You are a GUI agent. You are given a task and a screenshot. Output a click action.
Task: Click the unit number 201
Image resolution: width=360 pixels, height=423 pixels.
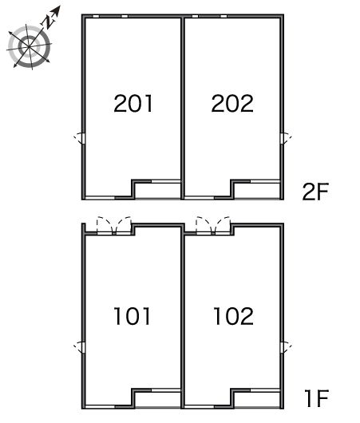(x=133, y=103)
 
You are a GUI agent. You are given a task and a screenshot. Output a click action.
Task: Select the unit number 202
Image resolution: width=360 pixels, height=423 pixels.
(x=232, y=103)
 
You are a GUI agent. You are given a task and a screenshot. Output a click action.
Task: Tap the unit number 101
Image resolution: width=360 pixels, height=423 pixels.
(x=132, y=316)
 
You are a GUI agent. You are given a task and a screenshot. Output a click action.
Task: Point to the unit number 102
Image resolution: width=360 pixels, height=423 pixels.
(x=233, y=316)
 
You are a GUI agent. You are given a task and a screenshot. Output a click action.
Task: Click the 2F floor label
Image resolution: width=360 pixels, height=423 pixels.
(x=315, y=192)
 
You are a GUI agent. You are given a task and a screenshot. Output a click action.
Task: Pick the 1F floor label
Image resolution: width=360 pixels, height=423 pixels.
(x=316, y=398)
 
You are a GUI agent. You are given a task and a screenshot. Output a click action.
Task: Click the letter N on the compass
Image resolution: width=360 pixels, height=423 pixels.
(x=49, y=21)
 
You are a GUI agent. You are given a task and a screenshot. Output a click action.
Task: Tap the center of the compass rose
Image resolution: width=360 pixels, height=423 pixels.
(x=29, y=46)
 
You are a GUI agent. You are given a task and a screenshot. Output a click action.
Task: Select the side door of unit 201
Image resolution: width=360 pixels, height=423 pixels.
(x=80, y=139)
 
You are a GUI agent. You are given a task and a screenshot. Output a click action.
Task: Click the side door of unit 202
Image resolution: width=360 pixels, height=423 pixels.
(x=286, y=139)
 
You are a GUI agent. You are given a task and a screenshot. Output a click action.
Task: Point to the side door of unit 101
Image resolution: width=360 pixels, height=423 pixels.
(x=80, y=347)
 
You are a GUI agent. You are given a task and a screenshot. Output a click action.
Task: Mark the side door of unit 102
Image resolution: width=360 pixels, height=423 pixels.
(x=286, y=347)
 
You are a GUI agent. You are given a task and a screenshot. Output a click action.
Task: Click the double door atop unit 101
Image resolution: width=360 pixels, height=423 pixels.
(x=114, y=226)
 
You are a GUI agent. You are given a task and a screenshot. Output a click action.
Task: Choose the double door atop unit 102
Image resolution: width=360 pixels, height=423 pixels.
(x=213, y=226)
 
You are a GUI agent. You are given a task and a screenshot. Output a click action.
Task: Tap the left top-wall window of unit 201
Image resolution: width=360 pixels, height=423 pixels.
(x=96, y=17)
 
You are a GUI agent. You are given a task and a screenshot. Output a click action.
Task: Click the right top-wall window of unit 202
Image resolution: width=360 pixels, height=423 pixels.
(x=224, y=17)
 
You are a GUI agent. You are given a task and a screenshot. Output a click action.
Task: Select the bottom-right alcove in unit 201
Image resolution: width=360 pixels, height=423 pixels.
(x=157, y=191)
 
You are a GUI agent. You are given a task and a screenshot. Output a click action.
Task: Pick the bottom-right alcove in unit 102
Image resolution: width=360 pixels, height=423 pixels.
(x=257, y=399)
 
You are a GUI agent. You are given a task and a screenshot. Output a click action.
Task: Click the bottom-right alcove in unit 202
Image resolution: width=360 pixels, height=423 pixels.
(x=257, y=191)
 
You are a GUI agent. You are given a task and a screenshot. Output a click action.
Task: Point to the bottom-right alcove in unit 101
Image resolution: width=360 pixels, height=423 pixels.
(x=157, y=399)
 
